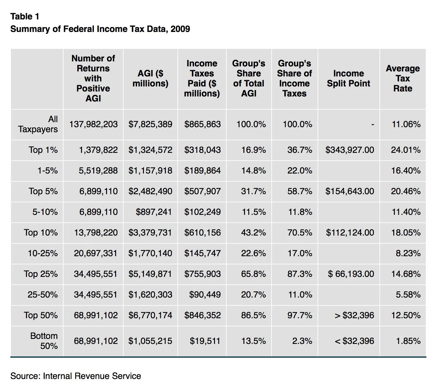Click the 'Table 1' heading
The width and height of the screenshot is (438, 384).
(25, 16)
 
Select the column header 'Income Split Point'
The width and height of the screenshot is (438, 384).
(348, 78)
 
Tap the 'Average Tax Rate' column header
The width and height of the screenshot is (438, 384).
(403, 78)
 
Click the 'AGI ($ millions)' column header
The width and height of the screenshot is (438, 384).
(150, 78)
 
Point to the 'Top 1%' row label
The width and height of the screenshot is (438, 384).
(43, 150)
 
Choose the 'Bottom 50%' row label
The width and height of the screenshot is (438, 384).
(44, 341)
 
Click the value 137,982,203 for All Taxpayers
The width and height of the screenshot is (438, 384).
(94, 124)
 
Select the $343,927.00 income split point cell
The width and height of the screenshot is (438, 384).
(349, 150)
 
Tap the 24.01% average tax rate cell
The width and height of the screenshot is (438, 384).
(405, 150)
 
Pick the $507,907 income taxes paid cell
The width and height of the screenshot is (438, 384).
(202, 191)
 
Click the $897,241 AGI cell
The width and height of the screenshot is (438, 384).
(154, 212)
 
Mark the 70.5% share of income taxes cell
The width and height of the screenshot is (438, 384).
(299, 233)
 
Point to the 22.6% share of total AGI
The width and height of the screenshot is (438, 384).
(253, 253)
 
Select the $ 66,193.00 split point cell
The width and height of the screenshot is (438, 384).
(351, 274)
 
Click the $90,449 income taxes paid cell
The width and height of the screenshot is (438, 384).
(205, 295)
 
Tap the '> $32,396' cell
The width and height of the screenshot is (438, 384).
(354, 315)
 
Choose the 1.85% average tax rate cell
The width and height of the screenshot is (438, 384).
(408, 341)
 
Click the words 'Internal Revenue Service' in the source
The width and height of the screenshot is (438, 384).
(92, 376)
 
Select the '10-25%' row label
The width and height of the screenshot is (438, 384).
(43, 253)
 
